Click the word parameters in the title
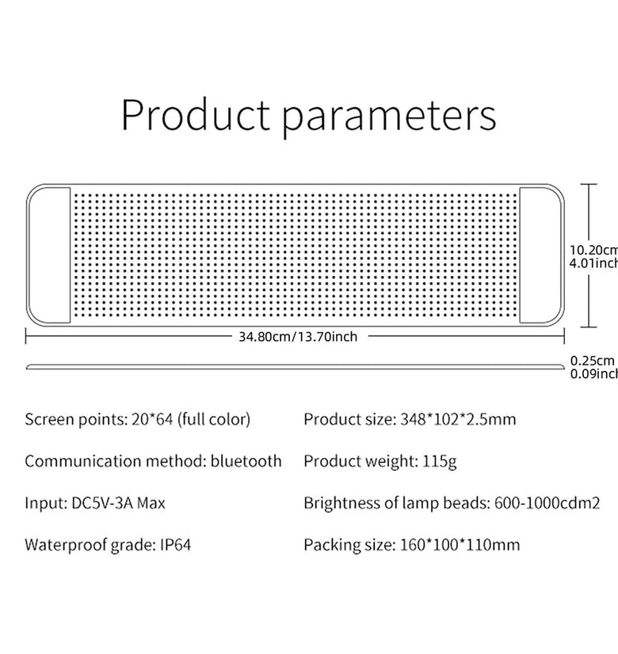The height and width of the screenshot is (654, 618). (389, 117)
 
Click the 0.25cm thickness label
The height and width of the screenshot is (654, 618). (592, 360)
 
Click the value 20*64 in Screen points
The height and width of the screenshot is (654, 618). (151, 419)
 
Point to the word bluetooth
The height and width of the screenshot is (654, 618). (246, 461)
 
